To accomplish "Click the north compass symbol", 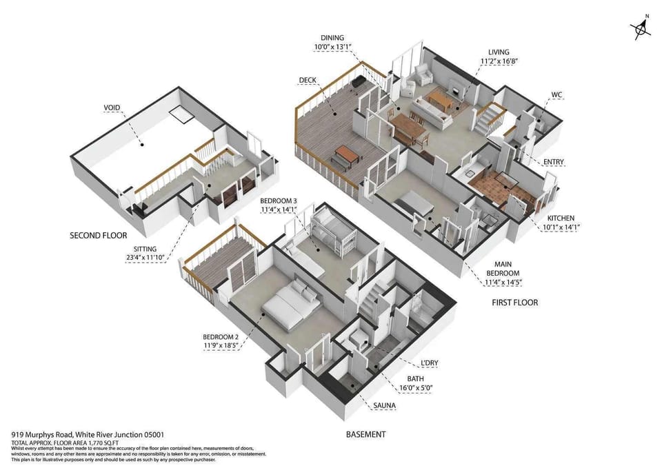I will pyautogui.click(x=640, y=28).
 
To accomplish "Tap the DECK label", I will pyautogui.click(x=308, y=80).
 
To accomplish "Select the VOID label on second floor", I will pyautogui.click(x=112, y=108).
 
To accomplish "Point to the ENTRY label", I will pyautogui.click(x=553, y=162).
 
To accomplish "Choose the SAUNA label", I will pyautogui.click(x=385, y=406).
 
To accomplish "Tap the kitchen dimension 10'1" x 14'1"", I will pyautogui.click(x=559, y=227).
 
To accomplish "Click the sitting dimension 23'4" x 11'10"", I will pyautogui.click(x=146, y=258).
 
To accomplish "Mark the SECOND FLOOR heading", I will pyautogui.click(x=99, y=235).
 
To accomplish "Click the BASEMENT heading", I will pyautogui.click(x=365, y=434).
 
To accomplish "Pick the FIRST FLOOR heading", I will pyautogui.click(x=514, y=303).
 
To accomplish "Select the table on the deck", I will pyautogui.click(x=348, y=156).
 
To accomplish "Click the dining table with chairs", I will pyautogui.click(x=409, y=128).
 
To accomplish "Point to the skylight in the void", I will pyautogui.click(x=182, y=114).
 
